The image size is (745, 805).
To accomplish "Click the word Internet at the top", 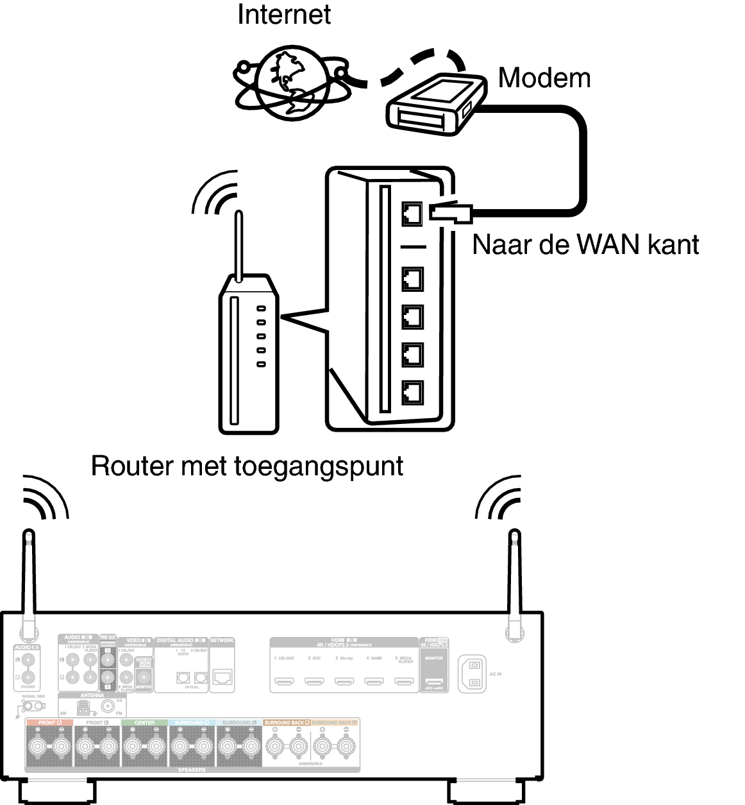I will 283,15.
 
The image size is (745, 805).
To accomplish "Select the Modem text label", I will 544,78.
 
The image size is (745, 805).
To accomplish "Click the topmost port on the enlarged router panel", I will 412,214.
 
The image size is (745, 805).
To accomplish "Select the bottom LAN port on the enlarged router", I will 412,392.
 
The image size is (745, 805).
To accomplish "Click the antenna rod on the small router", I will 239,247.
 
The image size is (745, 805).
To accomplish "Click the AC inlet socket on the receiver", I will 473,674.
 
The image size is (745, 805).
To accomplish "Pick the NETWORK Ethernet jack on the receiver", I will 222,676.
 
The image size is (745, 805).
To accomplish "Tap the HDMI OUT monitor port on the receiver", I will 434,681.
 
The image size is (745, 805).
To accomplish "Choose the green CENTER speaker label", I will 144,723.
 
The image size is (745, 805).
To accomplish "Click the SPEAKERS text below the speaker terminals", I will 190,769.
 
